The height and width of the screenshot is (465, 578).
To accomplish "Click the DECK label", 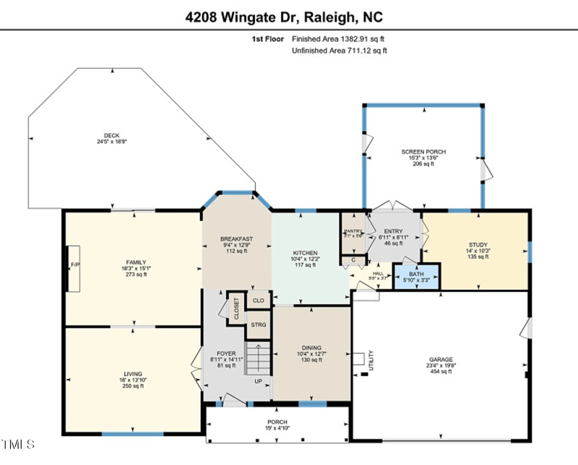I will (x=111, y=135).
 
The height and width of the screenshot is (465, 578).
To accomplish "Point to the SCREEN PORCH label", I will (x=423, y=152).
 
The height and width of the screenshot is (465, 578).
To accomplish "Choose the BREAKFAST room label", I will (x=236, y=239).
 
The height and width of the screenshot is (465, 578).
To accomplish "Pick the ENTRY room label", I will (x=393, y=231).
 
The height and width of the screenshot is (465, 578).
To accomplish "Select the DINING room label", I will (x=311, y=348).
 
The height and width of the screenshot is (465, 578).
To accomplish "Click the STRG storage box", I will (x=258, y=325).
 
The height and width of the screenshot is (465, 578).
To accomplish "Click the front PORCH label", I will (x=277, y=422).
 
